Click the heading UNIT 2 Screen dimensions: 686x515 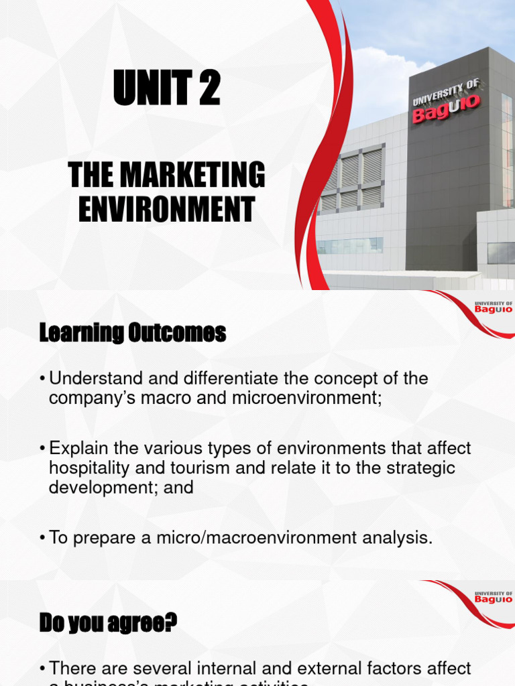click(x=167, y=89)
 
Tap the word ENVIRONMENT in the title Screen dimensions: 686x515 click(x=167, y=208)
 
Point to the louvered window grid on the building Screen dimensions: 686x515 click(x=353, y=177)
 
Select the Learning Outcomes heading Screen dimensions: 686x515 click(x=133, y=332)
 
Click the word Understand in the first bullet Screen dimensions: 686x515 click(x=92, y=379)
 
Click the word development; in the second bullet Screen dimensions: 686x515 click(x=107, y=487)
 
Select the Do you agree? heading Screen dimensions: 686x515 click(x=108, y=624)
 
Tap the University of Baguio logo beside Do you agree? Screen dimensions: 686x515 click(x=492, y=597)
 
